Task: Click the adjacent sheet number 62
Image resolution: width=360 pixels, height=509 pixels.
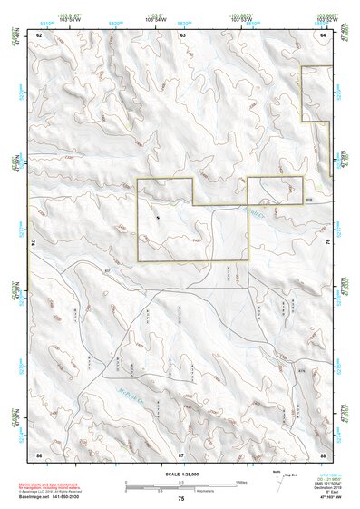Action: (x=40, y=34)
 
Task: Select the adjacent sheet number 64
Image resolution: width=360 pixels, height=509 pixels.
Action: (x=324, y=34)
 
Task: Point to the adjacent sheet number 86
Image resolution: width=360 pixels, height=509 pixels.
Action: (x=40, y=453)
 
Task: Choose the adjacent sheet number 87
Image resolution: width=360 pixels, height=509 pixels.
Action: (x=181, y=453)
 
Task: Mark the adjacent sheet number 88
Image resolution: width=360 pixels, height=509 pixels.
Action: (x=323, y=453)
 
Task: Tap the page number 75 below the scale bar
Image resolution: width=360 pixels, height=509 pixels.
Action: (x=181, y=499)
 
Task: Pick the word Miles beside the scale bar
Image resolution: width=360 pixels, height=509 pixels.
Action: (x=240, y=482)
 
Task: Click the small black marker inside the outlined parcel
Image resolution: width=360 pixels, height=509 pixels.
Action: (x=158, y=217)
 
